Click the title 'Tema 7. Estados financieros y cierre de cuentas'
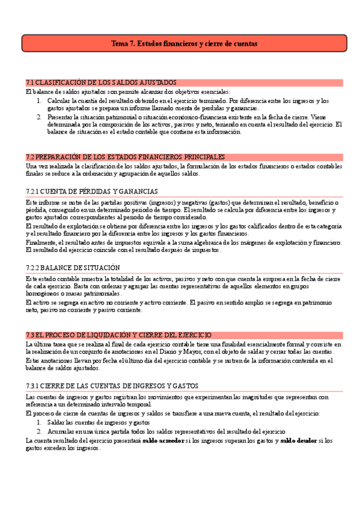point(184,44)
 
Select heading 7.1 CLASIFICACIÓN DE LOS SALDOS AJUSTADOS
point(102,82)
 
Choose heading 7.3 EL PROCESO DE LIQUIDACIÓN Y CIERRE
point(118,334)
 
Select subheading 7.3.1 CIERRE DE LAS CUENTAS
point(112,385)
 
